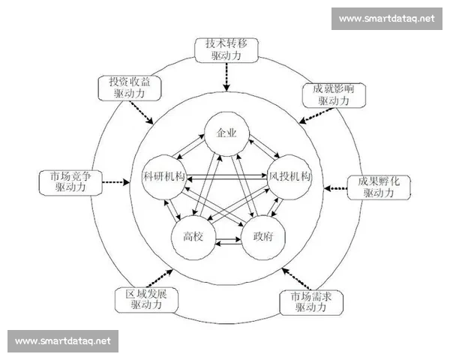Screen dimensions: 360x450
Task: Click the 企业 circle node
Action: pos(226,133)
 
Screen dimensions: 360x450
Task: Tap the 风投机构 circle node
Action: pos(291,178)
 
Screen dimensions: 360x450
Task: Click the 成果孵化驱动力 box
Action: pos(378,187)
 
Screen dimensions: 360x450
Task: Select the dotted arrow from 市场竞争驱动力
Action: pos(115,182)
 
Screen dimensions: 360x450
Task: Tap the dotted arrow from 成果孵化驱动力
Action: pos(336,185)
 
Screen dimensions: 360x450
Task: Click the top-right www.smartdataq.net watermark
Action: pos(386,18)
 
